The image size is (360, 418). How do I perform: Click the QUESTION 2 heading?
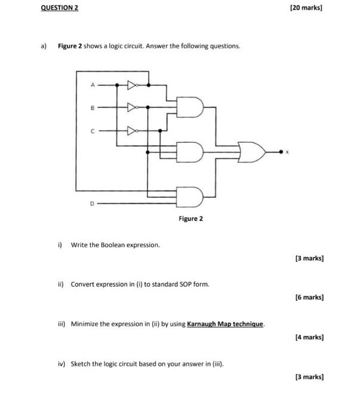(x=59, y=8)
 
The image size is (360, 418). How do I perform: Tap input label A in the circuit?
(x=93, y=85)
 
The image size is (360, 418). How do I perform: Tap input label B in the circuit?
(x=93, y=107)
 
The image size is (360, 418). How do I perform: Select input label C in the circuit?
(x=93, y=129)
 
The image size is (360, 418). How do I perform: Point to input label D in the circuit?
(x=92, y=203)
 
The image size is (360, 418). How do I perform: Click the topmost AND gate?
(x=192, y=107)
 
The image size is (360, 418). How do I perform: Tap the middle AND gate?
(x=192, y=152)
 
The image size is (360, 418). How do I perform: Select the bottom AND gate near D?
(x=192, y=195)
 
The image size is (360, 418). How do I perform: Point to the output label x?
(x=287, y=153)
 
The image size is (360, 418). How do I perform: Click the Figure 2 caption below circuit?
(x=190, y=219)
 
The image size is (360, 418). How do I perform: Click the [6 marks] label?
(x=309, y=296)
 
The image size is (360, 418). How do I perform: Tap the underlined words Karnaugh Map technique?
(x=226, y=324)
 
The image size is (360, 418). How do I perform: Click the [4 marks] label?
(x=309, y=337)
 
